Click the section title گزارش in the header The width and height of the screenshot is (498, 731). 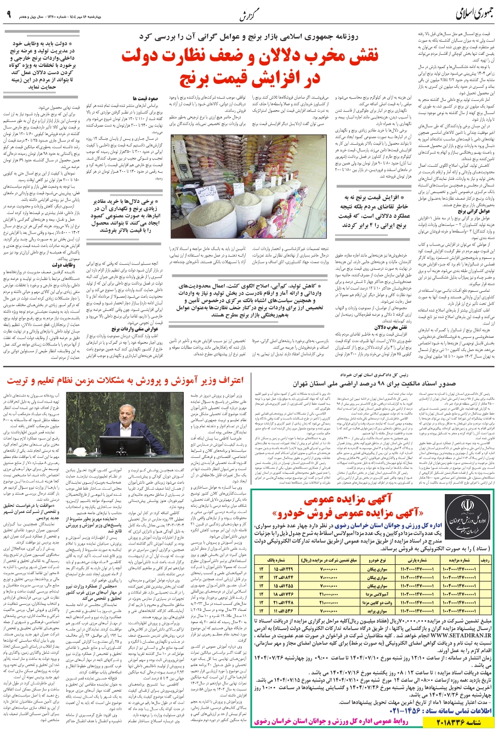[x=249, y=14]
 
